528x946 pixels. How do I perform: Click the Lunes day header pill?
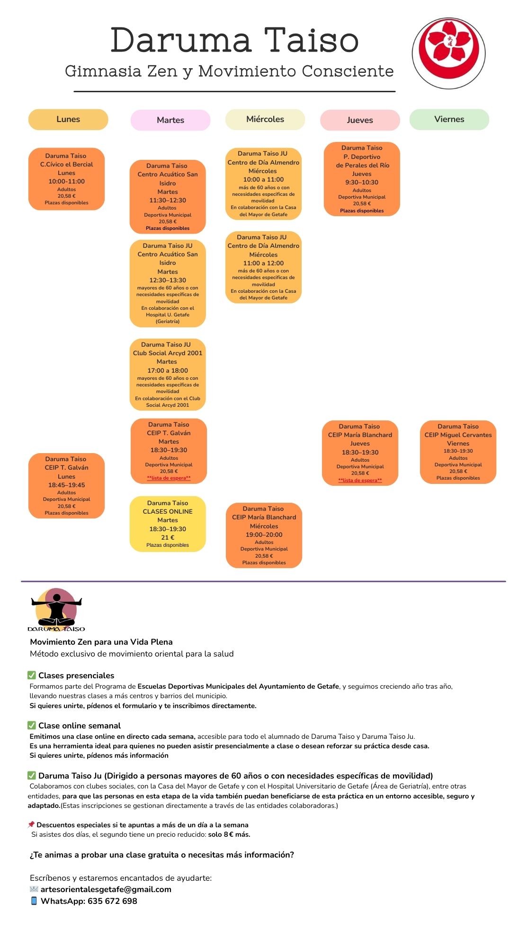68,119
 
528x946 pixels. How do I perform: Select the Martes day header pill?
170,120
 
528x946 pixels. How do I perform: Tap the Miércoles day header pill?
265,119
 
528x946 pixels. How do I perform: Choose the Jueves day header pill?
360,120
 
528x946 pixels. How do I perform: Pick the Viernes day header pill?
449,119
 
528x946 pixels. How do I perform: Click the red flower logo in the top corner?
448,53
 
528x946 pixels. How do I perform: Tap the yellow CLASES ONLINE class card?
168,524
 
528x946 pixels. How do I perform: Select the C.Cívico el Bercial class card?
66,179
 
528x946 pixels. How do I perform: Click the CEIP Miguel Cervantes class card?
458,452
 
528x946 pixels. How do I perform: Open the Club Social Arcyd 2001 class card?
168,375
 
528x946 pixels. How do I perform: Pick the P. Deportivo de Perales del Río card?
362,179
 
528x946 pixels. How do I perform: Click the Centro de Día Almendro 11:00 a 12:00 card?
263,267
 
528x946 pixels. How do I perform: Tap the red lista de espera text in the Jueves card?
360,480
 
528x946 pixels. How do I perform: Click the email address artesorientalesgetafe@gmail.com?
106,889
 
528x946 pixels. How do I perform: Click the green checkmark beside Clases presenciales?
32,675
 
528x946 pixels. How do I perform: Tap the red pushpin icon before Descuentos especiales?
31,824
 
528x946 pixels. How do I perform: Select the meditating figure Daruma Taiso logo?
56,610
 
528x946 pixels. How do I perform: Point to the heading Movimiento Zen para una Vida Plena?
101,642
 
